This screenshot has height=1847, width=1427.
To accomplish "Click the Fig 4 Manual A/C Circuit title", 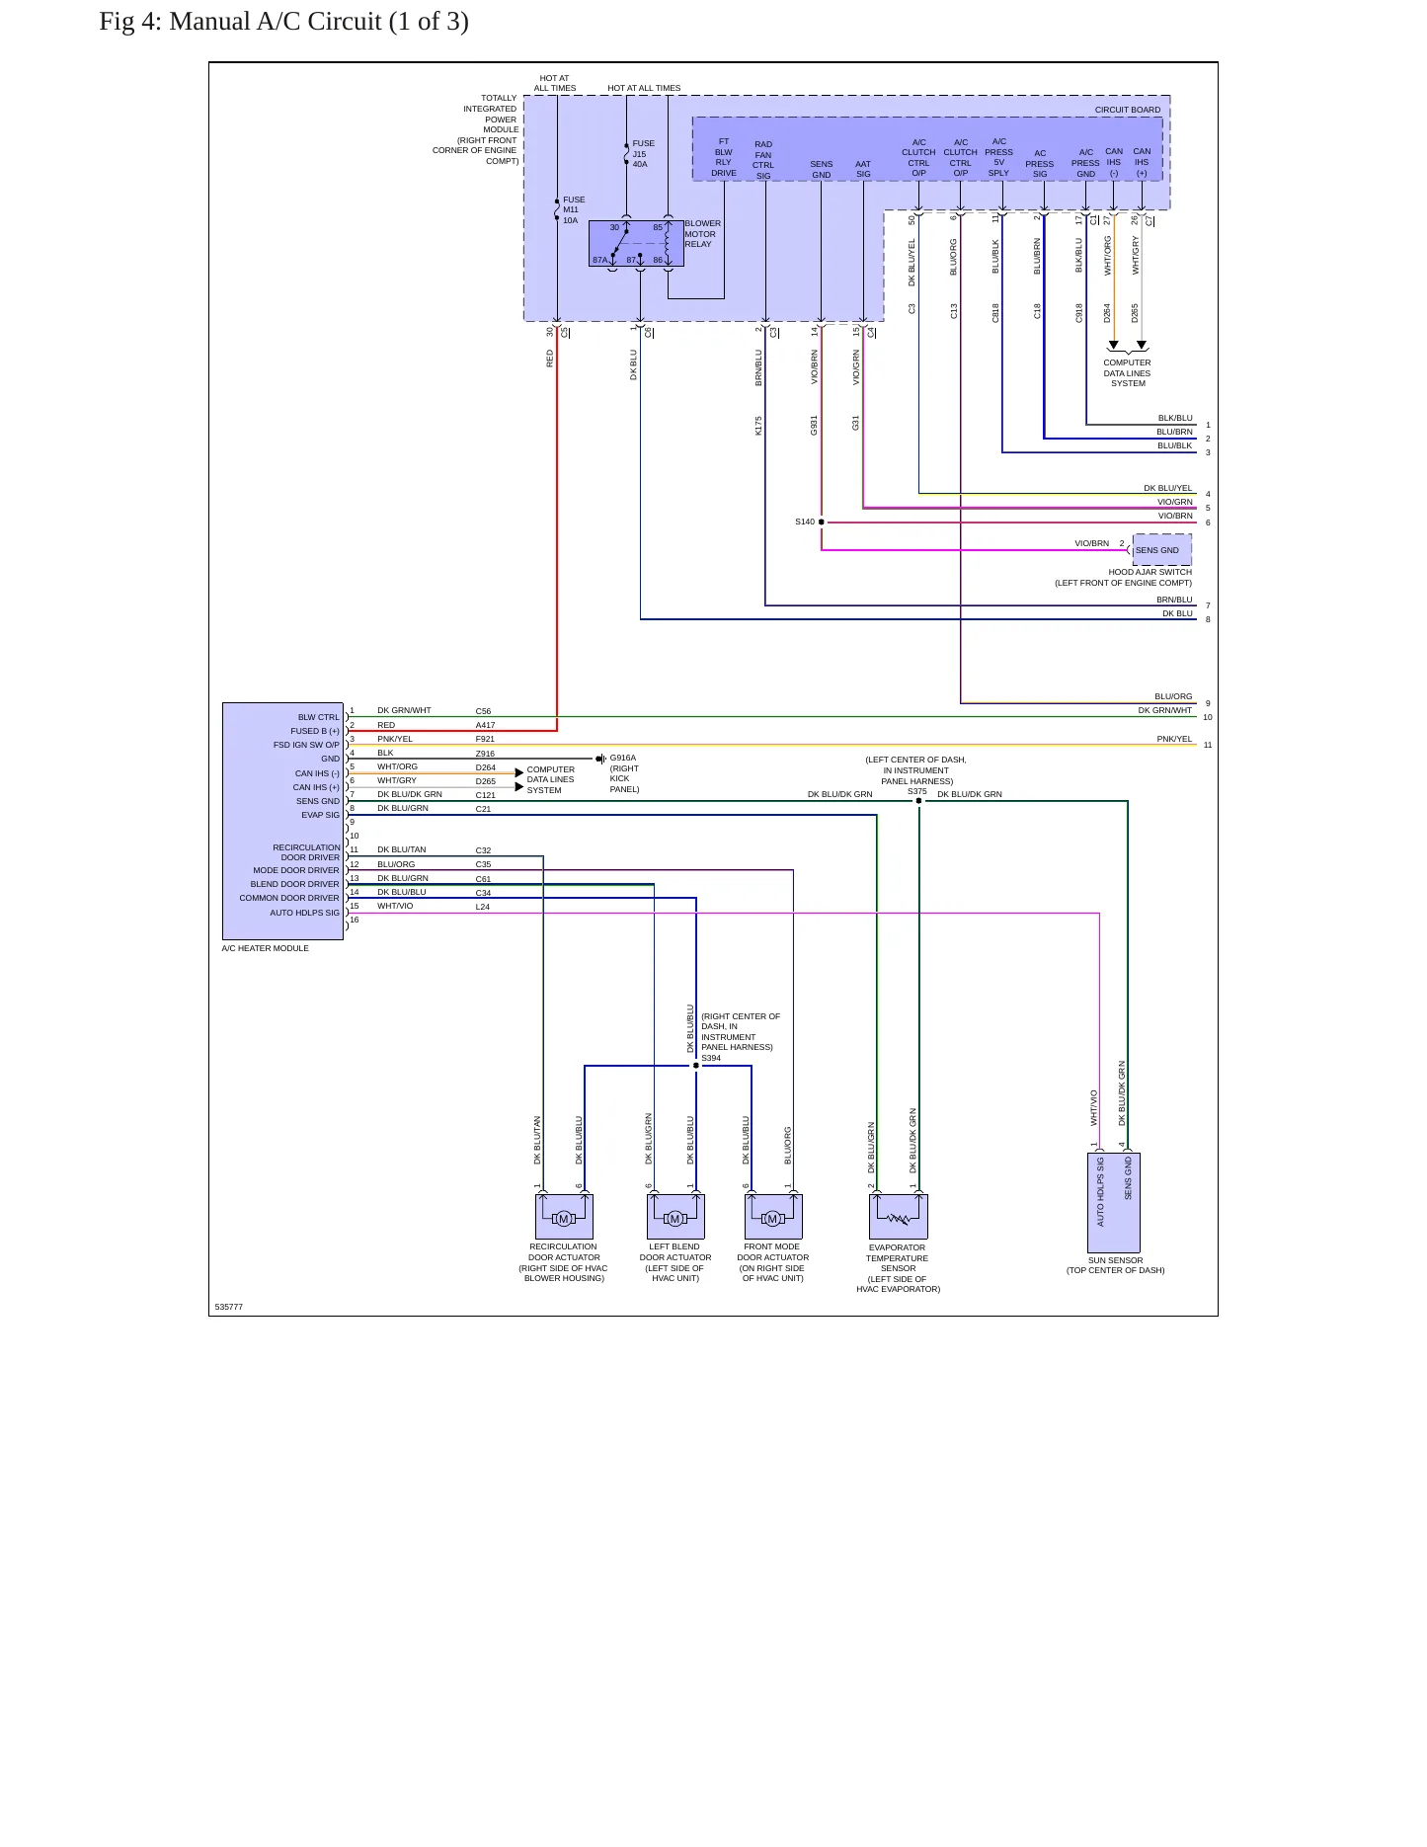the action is pyautogui.click(x=283, y=22).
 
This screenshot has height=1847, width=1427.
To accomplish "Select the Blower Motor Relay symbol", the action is pyautogui.click(x=636, y=243).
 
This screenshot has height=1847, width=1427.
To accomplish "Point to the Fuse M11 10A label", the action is pyautogui.click(x=574, y=210).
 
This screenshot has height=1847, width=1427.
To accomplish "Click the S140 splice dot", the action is pyautogui.click(x=822, y=522).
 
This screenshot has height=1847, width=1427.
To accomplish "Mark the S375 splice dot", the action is pyautogui.click(x=919, y=801).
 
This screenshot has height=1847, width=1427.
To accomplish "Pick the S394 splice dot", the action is pyautogui.click(x=696, y=1066).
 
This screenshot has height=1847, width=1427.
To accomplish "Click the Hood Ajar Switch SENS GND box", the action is pyautogui.click(x=1162, y=550).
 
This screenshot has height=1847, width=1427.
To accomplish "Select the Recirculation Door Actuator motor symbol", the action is pyautogui.click(x=564, y=1219).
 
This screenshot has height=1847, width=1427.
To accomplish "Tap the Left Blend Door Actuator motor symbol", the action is pyautogui.click(x=675, y=1219).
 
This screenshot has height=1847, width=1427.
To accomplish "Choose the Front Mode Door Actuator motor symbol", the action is pyautogui.click(x=773, y=1219).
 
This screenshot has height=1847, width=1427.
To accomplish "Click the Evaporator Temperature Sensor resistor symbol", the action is pyautogui.click(x=899, y=1219).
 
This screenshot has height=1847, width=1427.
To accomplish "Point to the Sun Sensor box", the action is pyautogui.click(x=1114, y=1203).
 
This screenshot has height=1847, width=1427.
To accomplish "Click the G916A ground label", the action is pyautogui.click(x=623, y=759).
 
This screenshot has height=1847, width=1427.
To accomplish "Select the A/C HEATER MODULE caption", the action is pyautogui.click(x=266, y=948).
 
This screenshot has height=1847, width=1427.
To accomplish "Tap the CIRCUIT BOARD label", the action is pyautogui.click(x=1128, y=110).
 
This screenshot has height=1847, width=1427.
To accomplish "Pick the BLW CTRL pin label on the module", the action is pyautogui.click(x=319, y=717).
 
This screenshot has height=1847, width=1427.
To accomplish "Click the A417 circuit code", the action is pyautogui.click(x=485, y=725).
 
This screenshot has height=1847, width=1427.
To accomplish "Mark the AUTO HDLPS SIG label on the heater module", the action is pyautogui.click(x=305, y=913).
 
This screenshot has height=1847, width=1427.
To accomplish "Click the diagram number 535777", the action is pyautogui.click(x=229, y=1307).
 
